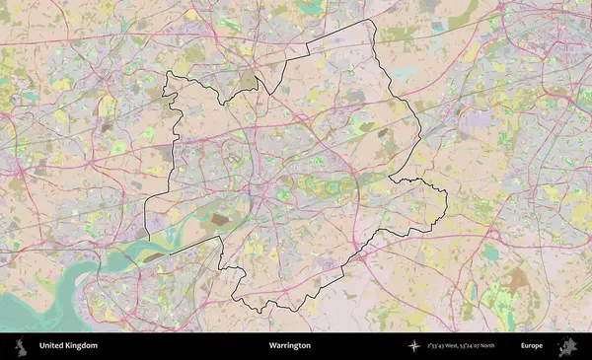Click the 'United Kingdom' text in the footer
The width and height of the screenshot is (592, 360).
coord(68,346)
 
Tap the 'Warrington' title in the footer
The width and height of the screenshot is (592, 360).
coord(289,346)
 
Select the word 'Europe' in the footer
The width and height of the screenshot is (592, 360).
coord(533,346)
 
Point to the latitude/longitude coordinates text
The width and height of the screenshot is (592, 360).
coord(461,346)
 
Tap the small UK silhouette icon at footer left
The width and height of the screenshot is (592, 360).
coord(20,346)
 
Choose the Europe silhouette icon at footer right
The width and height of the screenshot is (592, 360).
coord(568,346)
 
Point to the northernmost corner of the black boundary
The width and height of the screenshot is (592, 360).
coord(372,20)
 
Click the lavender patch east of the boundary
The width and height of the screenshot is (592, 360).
coord(474,118)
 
